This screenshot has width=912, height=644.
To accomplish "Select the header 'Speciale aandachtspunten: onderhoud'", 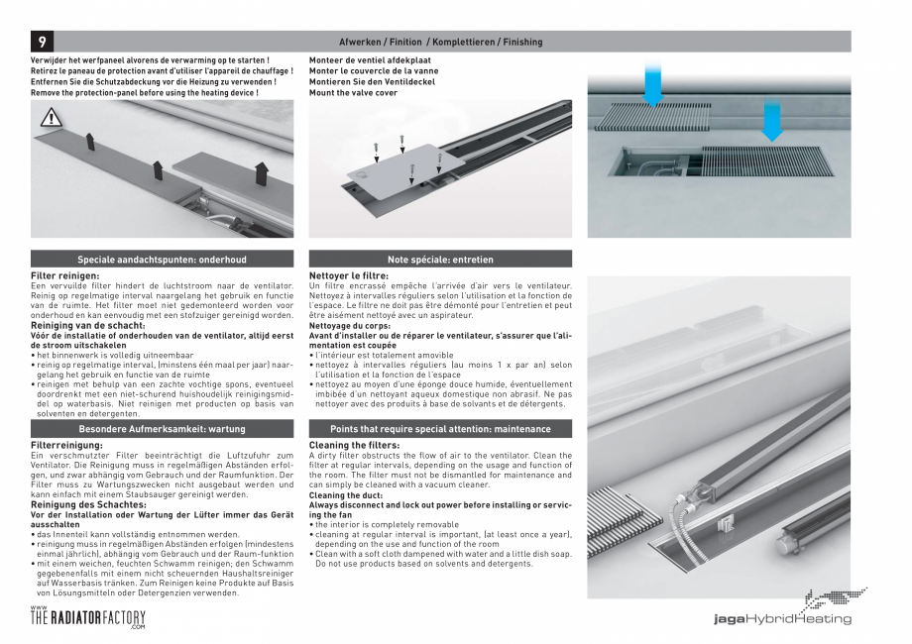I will point(162,260).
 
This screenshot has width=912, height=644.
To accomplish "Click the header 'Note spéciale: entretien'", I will point(440,260).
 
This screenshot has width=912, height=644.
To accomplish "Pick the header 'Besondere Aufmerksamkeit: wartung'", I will point(162,429).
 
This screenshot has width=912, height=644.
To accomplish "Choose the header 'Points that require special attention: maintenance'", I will point(440,429).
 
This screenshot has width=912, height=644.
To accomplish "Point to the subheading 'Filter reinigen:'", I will point(65,275).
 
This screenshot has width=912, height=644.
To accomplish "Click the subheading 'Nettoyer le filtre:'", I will point(349,275).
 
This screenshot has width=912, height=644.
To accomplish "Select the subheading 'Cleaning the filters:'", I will point(353,445).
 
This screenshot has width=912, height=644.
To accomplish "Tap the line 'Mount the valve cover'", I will point(353,92).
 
